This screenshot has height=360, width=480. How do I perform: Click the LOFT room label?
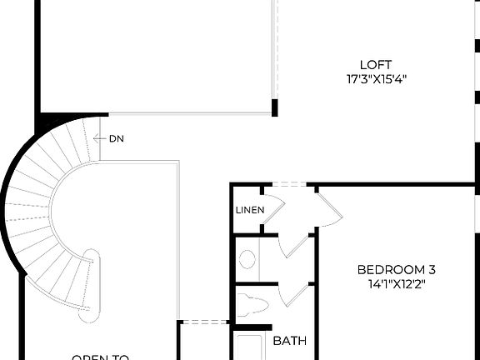376,65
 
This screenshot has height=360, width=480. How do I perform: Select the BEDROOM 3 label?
396,269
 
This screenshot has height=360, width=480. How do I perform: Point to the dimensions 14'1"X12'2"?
396,283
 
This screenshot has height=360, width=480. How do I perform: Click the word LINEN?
250,210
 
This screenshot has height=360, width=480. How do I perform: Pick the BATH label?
289,341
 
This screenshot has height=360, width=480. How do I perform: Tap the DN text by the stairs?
117,138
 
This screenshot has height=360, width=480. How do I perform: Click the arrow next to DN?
100,138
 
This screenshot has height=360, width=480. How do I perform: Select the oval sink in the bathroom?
247,258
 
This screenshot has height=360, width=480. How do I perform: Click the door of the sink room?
292,243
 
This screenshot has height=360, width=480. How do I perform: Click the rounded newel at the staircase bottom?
89,284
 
